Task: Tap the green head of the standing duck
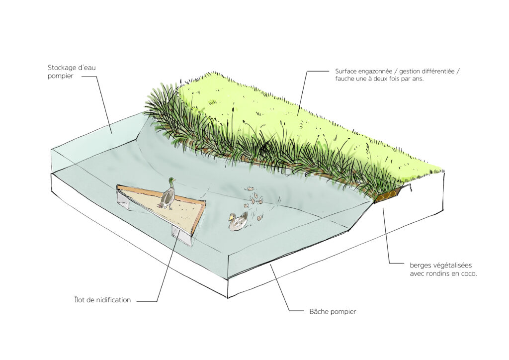(171, 180)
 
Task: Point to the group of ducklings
(254, 203)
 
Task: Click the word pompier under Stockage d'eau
(60, 76)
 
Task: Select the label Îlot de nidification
(102, 300)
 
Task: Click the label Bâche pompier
(333, 312)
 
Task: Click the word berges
(421, 266)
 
